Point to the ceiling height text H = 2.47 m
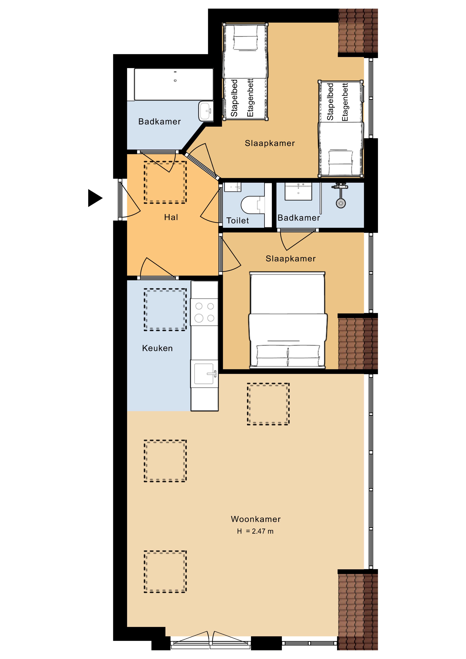point(255,531)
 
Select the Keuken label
point(157,348)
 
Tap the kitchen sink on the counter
point(204,374)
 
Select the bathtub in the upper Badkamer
point(174,84)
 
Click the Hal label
point(171,217)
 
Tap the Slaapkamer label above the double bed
point(291,259)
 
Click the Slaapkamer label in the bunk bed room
point(270,143)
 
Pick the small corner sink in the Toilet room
point(233,187)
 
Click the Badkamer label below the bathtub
point(159,122)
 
